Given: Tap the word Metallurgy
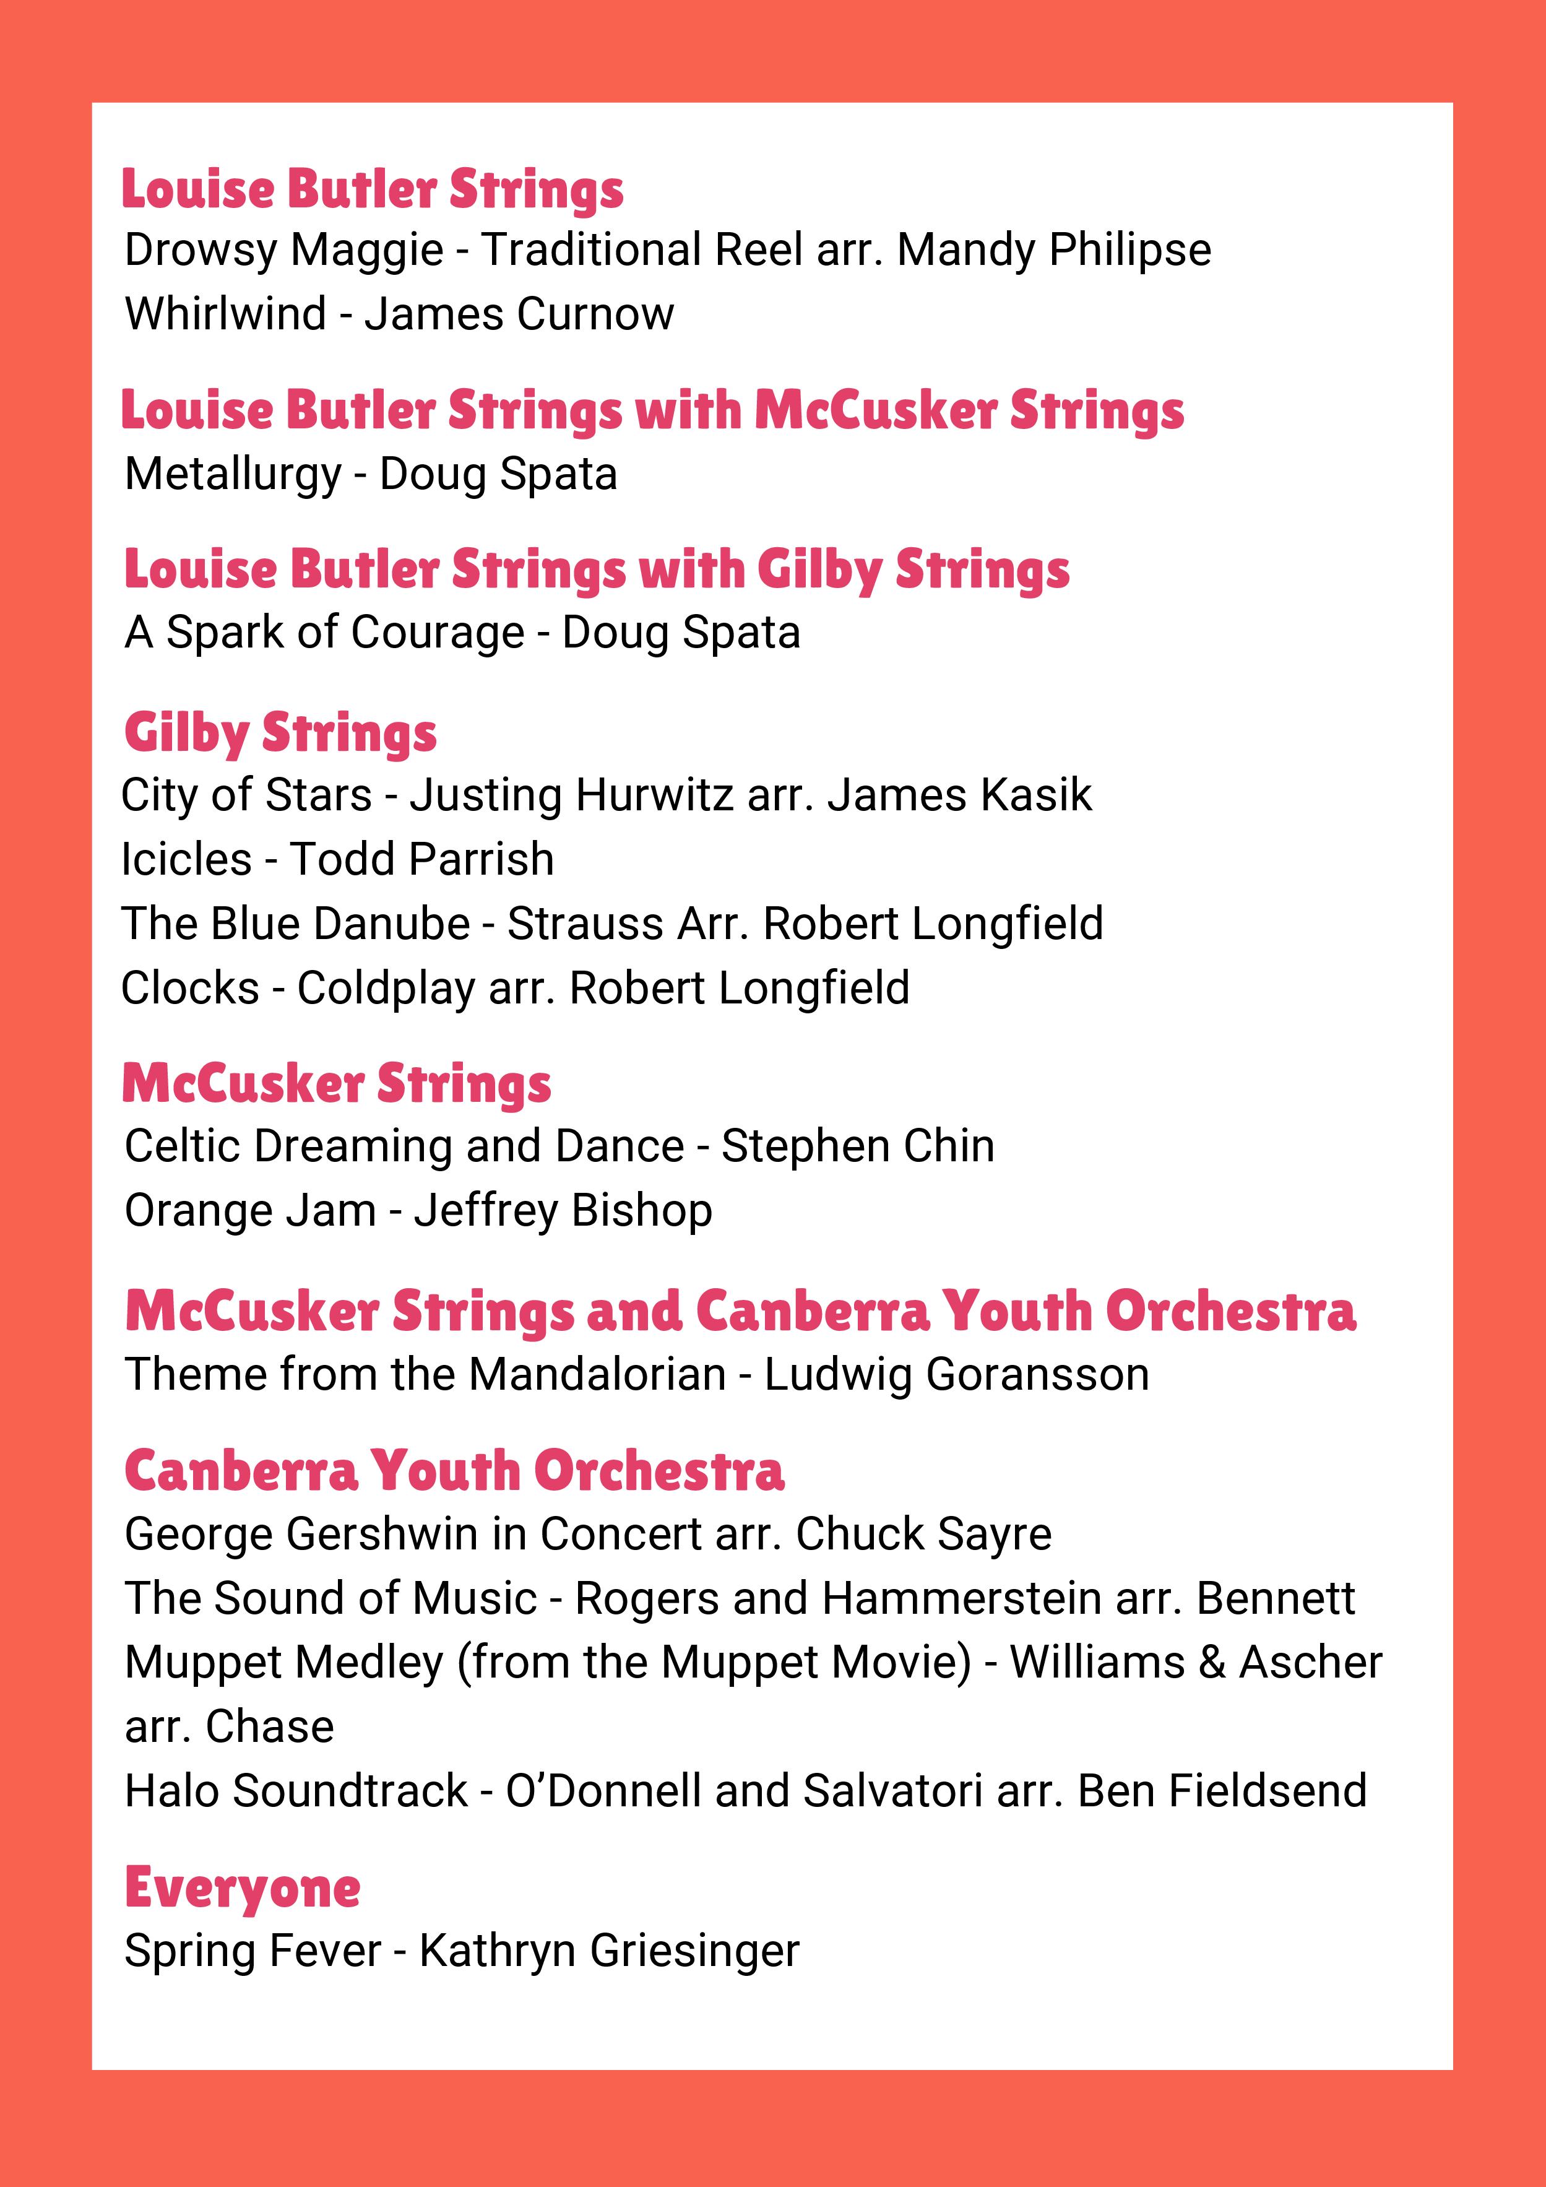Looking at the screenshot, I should (233, 474).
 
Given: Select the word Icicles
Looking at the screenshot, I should (186, 859).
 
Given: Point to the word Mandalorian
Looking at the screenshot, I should (597, 1374).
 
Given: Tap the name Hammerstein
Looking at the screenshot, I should (962, 1598).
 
